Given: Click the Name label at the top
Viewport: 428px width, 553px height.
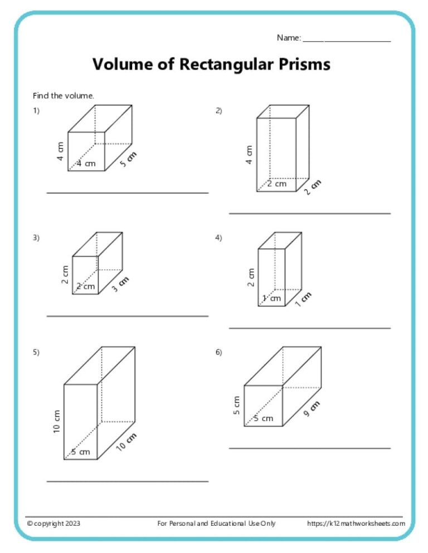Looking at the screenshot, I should pos(289,38).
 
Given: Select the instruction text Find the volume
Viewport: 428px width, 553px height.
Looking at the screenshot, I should pos(64,96).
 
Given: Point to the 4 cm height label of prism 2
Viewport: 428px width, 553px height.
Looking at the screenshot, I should pos(249,154).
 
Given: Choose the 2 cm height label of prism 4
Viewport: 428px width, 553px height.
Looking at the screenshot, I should pos(251,276).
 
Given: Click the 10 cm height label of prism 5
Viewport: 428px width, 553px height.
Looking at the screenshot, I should pos(57,423).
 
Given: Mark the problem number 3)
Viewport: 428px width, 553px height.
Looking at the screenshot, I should pos(36,238).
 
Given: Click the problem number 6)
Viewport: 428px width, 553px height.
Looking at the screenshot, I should pos(218,352).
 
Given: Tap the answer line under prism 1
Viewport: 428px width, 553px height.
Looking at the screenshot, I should pos(127,193).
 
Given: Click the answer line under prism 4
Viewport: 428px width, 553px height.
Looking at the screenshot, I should pos(309,328).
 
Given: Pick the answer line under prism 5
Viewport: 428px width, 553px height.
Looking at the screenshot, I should pos(127,481).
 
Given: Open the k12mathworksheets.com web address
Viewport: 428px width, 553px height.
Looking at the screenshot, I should pos(356,524).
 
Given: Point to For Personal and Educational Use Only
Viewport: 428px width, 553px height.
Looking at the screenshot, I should pos(216,524).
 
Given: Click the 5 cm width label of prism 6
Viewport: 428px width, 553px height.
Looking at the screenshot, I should pos(264,418).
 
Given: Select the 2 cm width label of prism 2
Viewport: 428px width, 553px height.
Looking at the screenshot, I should pos(276,184).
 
